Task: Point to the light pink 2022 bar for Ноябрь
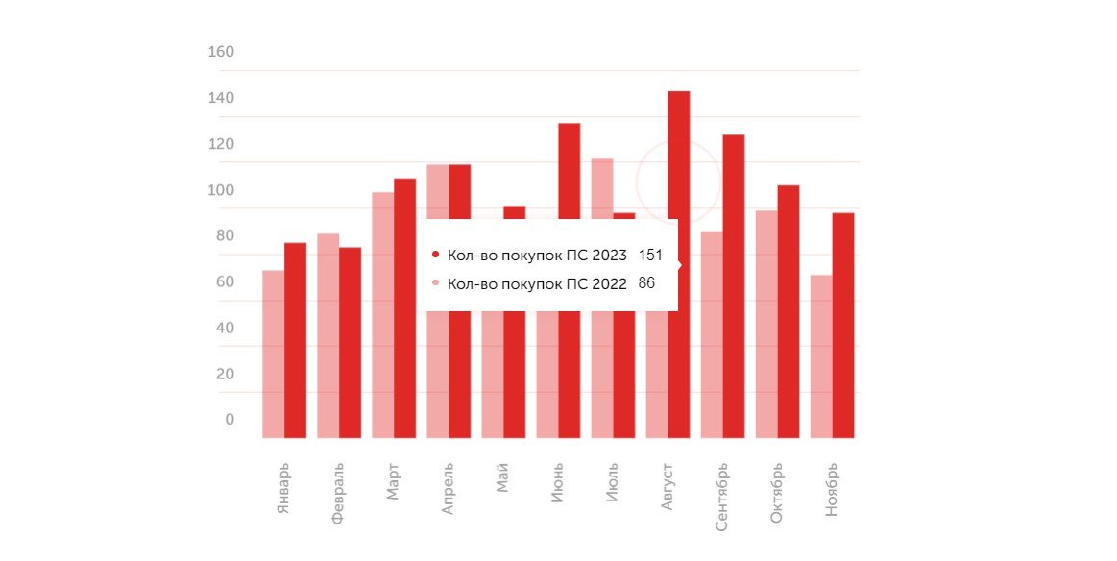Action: pos(821,356)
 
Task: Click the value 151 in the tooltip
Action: pos(651,256)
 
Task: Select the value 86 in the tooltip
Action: pos(646,283)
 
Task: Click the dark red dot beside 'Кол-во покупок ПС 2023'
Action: pos(436,256)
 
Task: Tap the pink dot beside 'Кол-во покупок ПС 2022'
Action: pos(436,283)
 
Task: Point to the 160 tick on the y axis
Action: pos(221,52)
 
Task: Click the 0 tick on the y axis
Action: pos(230,420)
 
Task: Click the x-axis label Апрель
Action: pos(448,489)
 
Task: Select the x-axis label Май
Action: pos(502,476)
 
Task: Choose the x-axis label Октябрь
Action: pos(777,493)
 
